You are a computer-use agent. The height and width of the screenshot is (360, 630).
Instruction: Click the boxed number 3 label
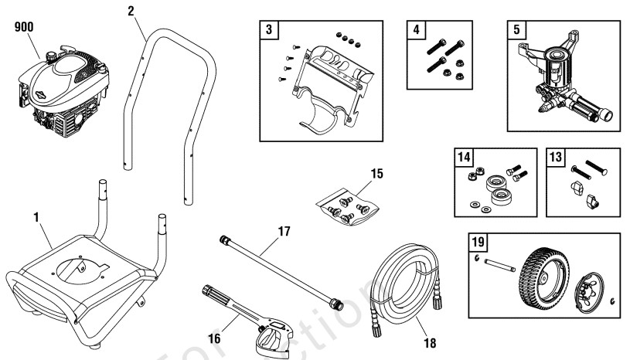(267, 30)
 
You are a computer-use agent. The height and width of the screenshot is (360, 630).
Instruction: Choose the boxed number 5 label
(515, 30)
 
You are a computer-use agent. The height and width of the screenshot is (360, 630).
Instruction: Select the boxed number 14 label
(463, 157)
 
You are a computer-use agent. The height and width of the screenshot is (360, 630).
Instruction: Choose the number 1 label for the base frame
(36, 219)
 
